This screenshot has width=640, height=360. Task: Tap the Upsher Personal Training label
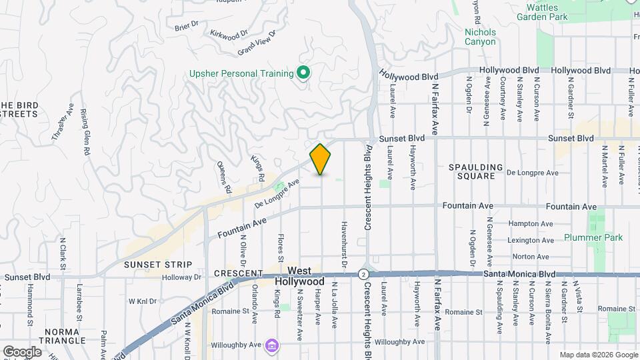pos(251,73)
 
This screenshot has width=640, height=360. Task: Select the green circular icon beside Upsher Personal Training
pos(303,72)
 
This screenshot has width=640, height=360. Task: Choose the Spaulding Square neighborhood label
pos(471,171)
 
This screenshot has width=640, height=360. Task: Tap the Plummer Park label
pos(593,237)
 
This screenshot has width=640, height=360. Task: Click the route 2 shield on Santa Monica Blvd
pos(363,274)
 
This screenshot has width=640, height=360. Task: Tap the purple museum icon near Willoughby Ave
pos(271,345)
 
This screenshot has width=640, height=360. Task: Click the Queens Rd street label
pos(223,177)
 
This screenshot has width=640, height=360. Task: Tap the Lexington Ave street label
pos(531,240)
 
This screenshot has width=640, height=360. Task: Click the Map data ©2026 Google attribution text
pos(597,355)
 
